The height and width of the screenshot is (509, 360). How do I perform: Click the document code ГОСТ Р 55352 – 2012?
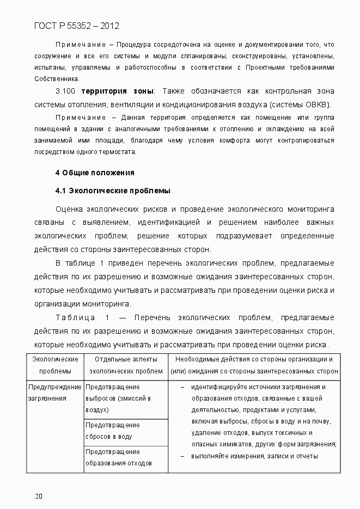click(x=76, y=26)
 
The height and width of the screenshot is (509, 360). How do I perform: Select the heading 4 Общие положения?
click(x=95, y=173)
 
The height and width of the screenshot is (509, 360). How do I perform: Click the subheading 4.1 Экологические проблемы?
click(x=113, y=191)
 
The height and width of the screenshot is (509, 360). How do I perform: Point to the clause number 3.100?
click(x=66, y=90)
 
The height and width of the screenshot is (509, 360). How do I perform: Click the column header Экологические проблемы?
click(x=55, y=365)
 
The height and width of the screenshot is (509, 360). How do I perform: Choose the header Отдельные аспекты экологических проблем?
click(x=126, y=365)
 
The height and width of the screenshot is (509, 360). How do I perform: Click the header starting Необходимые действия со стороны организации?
click(x=254, y=365)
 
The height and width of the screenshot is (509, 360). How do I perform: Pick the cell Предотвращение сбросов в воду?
click(x=112, y=431)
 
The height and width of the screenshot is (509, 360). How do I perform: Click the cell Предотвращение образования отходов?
click(x=118, y=457)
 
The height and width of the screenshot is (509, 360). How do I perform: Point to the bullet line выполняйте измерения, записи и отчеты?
click(x=254, y=456)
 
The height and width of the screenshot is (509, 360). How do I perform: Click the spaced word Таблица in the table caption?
click(x=76, y=317)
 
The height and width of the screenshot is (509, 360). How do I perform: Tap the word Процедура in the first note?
click(x=131, y=44)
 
